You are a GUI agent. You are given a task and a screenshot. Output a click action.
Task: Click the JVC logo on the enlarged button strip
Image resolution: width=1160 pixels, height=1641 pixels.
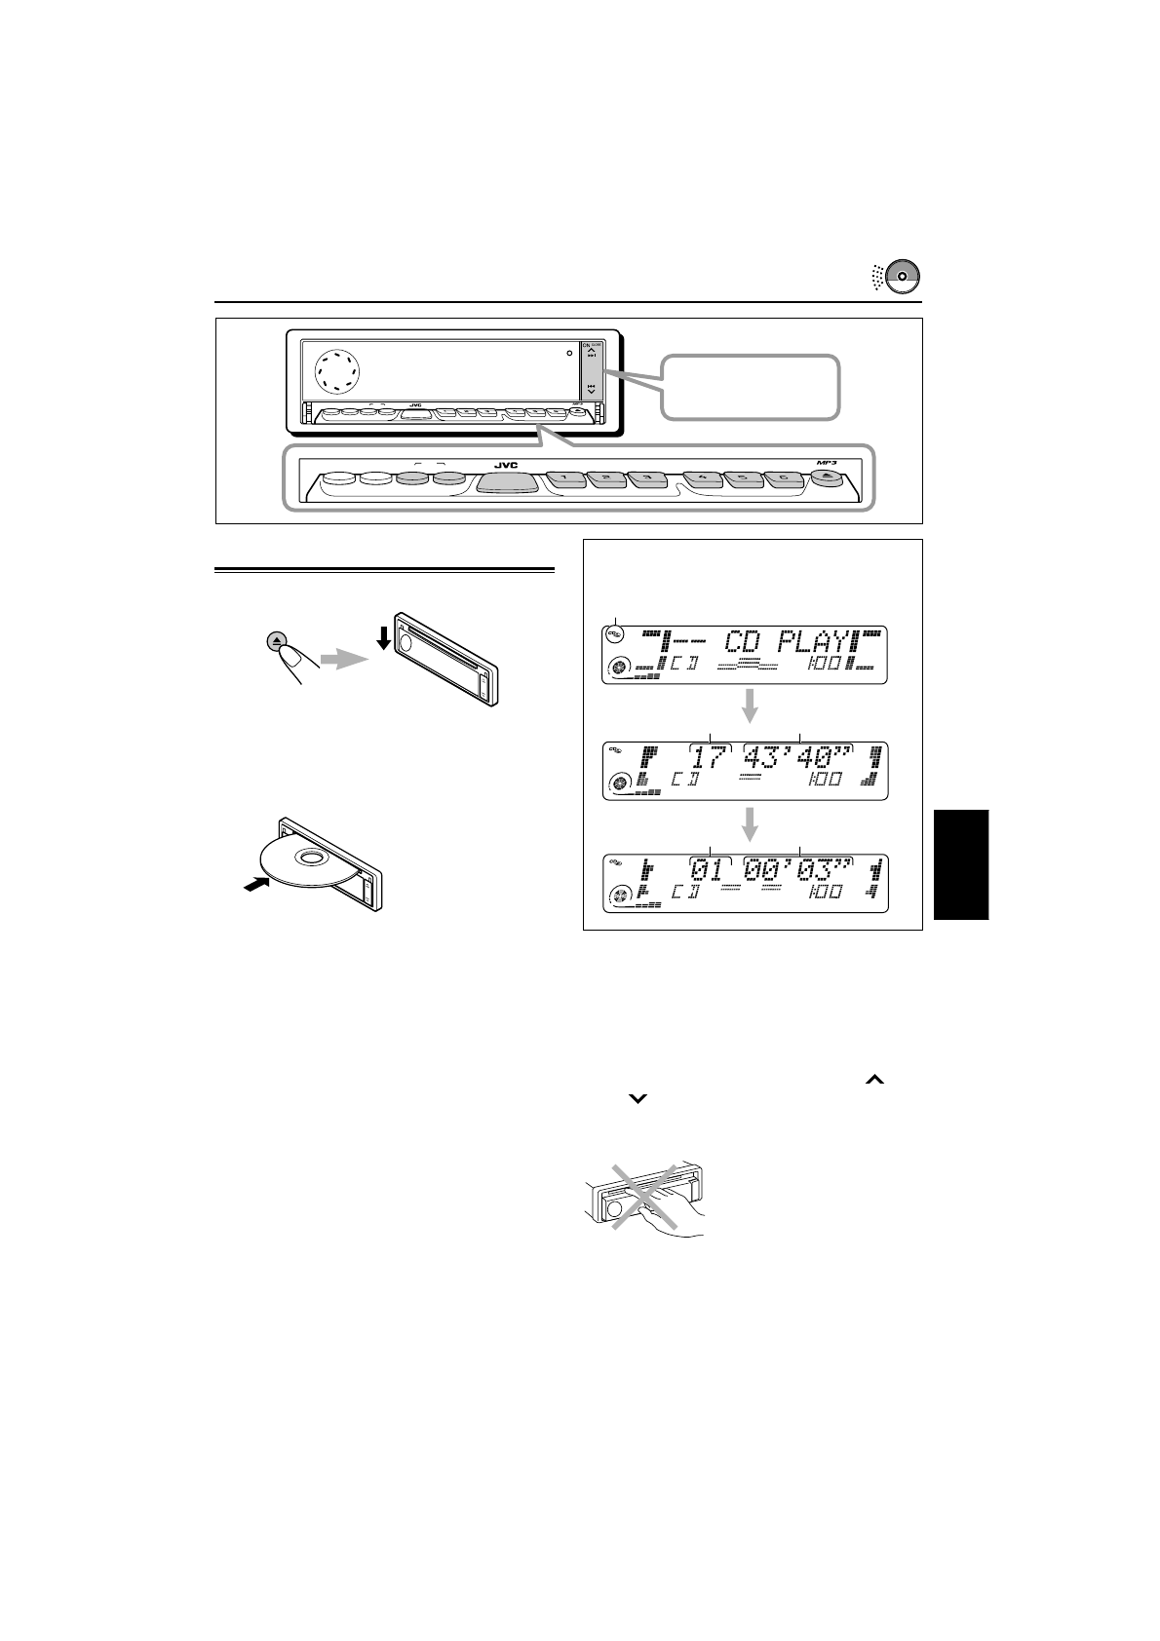tap(505, 466)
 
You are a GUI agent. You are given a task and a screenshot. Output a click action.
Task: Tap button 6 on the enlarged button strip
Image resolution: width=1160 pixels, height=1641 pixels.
tap(782, 479)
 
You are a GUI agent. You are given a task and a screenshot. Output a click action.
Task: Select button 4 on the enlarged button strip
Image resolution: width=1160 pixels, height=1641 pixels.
tap(702, 479)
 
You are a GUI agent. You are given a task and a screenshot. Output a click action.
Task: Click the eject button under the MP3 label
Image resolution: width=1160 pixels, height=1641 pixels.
tap(824, 478)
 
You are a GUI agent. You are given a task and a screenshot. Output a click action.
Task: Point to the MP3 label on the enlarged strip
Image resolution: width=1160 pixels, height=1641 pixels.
tap(826, 463)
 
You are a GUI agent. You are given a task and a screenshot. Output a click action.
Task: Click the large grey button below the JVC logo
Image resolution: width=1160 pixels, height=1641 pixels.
tap(507, 482)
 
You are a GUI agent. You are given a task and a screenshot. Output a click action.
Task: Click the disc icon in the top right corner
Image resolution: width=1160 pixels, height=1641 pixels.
tap(903, 276)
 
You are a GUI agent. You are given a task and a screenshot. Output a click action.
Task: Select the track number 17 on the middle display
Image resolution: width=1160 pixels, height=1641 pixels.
tap(711, 757)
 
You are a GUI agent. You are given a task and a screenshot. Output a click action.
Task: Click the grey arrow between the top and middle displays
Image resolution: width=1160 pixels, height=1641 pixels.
tap(750, 707)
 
